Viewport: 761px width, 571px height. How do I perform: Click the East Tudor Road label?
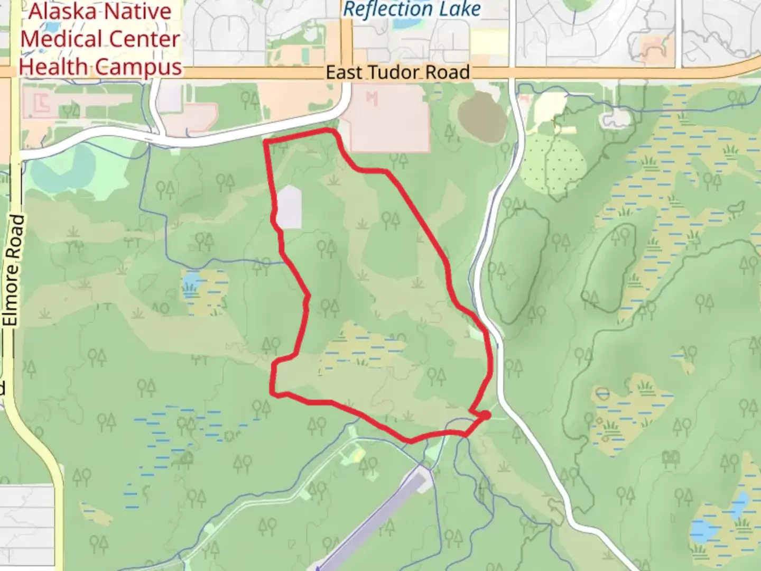[397, 72]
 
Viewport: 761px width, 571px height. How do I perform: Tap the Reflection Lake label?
[412, 9]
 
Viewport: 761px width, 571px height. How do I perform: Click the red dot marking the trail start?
[485, 416]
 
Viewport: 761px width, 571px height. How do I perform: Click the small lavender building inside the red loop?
[290, 207]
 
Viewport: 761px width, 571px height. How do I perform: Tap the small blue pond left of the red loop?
[191, 279]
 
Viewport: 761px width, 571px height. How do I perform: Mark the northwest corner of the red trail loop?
[266, 142]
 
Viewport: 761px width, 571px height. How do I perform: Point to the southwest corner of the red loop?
[273, 393]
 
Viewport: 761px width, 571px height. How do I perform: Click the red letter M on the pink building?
[372, 98]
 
